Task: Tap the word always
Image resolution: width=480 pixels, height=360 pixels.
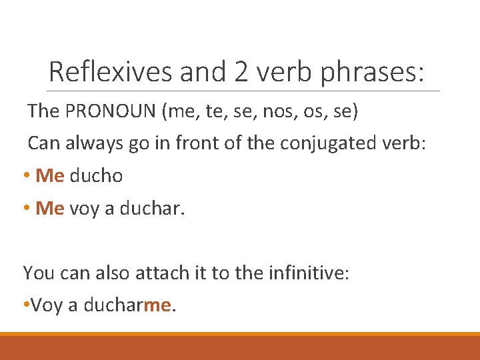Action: point(91,143)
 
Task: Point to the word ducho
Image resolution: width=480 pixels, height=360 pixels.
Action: point(96,176)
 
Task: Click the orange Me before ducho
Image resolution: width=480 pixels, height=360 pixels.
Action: point(49,176)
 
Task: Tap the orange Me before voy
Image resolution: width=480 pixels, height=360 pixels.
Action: point(49,209)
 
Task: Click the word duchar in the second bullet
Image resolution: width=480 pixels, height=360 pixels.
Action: point(157,209)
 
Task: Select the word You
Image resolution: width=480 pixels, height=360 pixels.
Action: point(36,273)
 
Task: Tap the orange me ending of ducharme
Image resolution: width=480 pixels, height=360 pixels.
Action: point(157,305)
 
